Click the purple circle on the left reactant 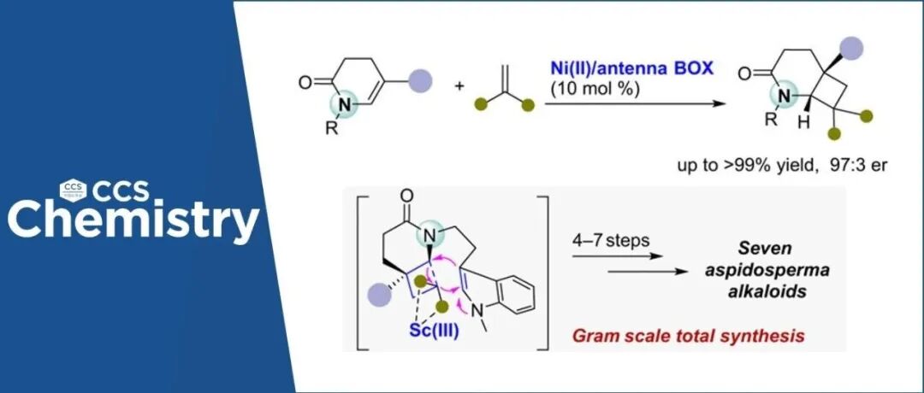[x=420, y=82]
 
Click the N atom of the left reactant [x=342, y=105]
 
